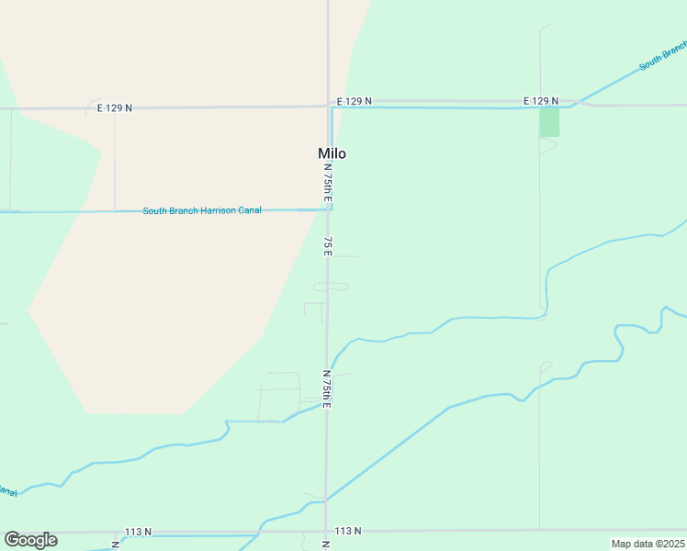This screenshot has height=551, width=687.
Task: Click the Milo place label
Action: point(332,153)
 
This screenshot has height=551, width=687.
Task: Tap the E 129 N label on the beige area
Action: point(115,107)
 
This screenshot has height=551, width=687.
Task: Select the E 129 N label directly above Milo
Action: point(354,100)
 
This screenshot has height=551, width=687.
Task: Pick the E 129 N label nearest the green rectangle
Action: point(541,100)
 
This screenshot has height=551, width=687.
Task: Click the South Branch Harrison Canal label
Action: point(202,210)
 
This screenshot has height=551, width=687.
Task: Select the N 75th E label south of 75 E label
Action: point(326,389)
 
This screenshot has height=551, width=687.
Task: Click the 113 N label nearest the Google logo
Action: point(139,532)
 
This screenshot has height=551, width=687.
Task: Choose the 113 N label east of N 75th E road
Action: point(348,531)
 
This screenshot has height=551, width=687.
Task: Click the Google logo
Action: point(30,540)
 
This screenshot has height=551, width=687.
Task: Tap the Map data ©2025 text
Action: point(648,544)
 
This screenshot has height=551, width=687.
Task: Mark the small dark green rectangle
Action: point(549,122)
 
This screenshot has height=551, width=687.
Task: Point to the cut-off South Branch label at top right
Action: point(663,55)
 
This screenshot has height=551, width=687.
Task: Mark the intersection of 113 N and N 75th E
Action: point(326,531)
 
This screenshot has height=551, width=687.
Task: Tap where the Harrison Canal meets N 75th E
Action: point(329,209)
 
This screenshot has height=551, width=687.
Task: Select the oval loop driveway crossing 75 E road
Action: point(331,287)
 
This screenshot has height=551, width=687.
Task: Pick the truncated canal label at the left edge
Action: point(7,492)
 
